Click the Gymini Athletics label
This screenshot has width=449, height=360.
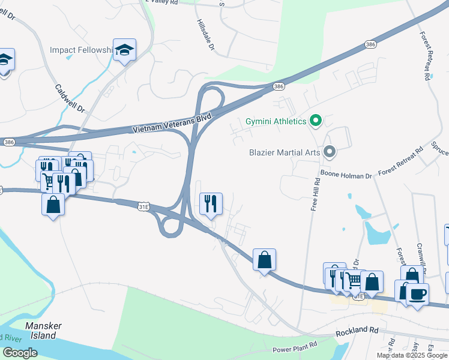(x=276, y=122)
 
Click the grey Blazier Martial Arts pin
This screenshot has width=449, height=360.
(x=328, y=152)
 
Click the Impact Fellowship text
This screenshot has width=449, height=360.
(x=81, y=50)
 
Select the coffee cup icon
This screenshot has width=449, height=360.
(x=417, y=294)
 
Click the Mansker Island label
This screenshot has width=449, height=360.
(x=43, y=331)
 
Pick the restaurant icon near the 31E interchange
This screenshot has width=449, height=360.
(x=210, y=203)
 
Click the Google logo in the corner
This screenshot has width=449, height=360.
(x=20, y=352)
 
